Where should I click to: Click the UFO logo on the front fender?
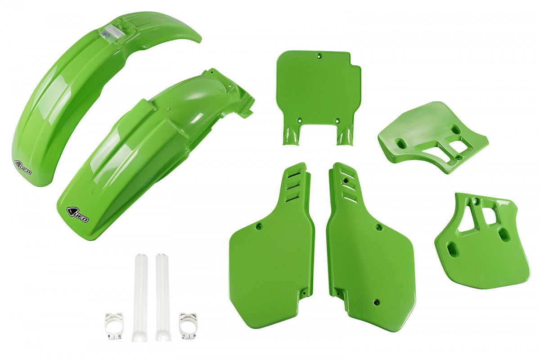24,167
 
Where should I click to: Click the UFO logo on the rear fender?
78,214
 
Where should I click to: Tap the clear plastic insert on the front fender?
109,32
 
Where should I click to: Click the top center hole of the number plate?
319,56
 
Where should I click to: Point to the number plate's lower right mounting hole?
337,120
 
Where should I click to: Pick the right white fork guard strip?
162,297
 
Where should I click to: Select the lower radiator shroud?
477,243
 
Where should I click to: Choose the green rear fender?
148,148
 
